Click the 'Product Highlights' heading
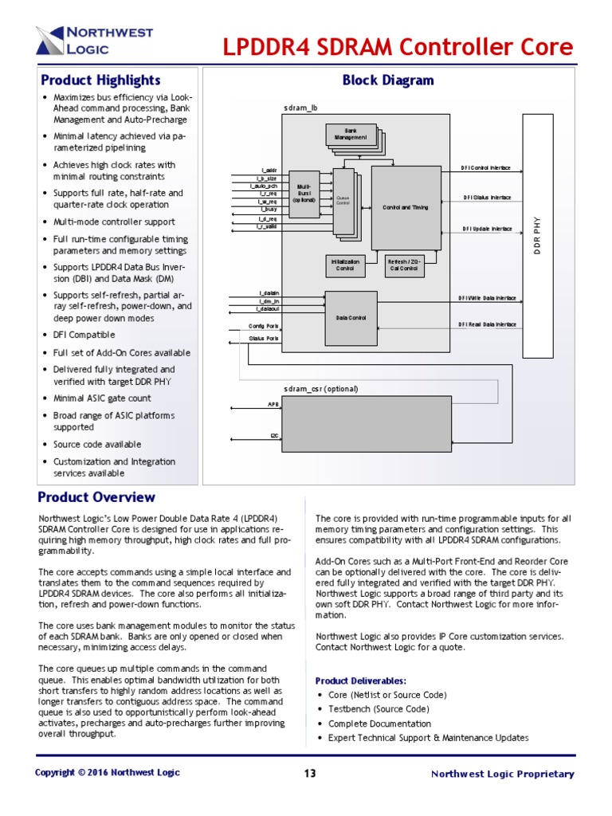pyautogui.click(x=100, y=80)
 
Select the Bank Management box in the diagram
pyautogui.click(x=351, y=134)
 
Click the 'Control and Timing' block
pyautogui.click(x=406, y=207)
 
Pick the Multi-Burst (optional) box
pyautogui.click(x=304, y=191)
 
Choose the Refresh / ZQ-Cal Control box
pyautogui.click(x=402, y=265)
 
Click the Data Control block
pyautogui.click(x=351, y=318)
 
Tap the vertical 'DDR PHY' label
pyautogui.click(x=536, y=236)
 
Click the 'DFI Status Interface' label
pyautogui.click(x=487, y=197)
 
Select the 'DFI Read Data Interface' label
pyautogui.click(x=487, y=324)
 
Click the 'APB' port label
pyautogui.click(x=273, y=404)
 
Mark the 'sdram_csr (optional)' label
pyautogui.click(x=321, y=389)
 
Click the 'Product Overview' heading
pyautogui.click(x=96, y=497)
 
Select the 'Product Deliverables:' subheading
pyautogui.click(x=361, y=681)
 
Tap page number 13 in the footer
pyautogui.click(x=311, y=774)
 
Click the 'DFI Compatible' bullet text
pyautogui.click(x=84, y=335)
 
